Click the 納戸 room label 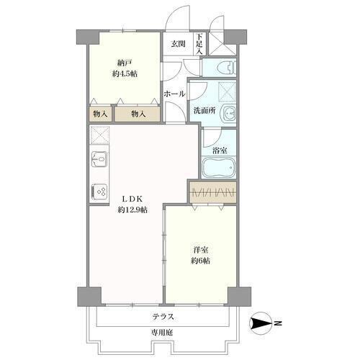[125, 63]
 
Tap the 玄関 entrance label [178, 44]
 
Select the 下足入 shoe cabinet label [199, 44]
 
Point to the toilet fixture [227, 68]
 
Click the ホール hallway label [174, 94]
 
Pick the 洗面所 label [204, 111]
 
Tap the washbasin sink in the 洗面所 [230, 113]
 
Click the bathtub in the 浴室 [219, 167]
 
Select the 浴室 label [220, 150]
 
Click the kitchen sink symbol [99, 159]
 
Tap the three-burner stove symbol [99, 192]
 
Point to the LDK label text [132, 199]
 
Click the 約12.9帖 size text [132, 210]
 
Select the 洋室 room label [201, 250]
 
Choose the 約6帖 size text [201, 261]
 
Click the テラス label [163, 317]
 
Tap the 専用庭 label [162, 333]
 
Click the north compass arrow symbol [261, 323]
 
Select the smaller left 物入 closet [101, 114]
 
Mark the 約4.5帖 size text [125, 74]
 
